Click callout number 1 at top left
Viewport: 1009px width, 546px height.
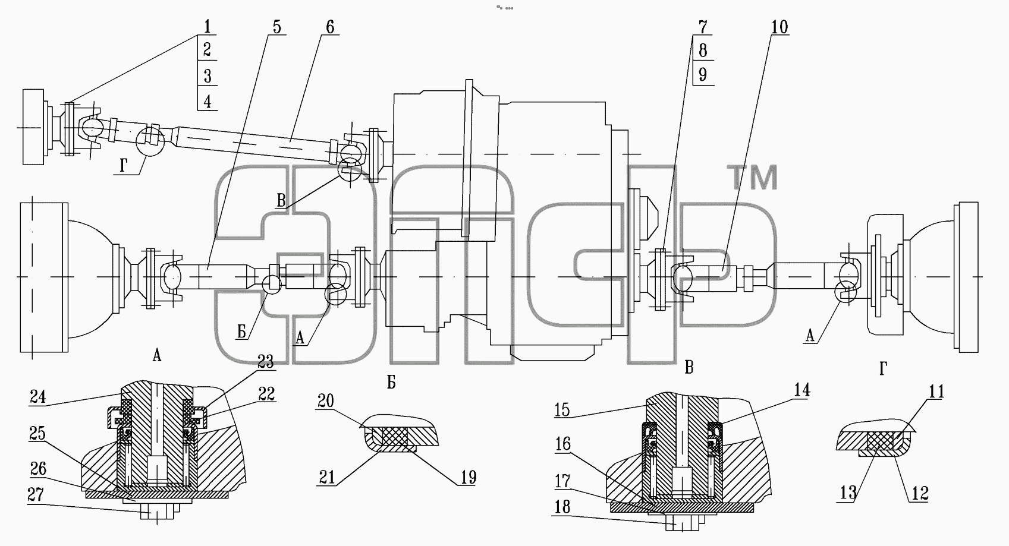(x=207, y=26)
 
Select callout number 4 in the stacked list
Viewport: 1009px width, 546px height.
(x=207, y=101)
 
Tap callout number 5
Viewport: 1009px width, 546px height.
(x=276, y=27)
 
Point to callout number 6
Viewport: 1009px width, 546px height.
(x=330, y=27)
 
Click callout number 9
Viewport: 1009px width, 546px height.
(x=703, y=75)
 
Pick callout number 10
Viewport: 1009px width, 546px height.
(x=779, y=27)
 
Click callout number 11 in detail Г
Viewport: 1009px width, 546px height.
(x=936, y=392)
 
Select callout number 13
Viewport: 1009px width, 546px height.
(x=848, y=493)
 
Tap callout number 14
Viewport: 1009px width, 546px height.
(x=802, y=390)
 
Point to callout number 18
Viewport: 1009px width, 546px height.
(x=562, y=507)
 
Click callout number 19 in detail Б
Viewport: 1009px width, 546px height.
(x=468, y=477)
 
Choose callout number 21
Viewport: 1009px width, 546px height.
(x=327, y=477)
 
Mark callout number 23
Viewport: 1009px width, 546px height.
(x=266, y=361)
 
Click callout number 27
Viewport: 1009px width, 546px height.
(x=36, y=494)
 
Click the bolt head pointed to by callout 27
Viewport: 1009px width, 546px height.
(x=157, y=512)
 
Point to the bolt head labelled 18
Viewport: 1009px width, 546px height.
(x=682, y=523)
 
